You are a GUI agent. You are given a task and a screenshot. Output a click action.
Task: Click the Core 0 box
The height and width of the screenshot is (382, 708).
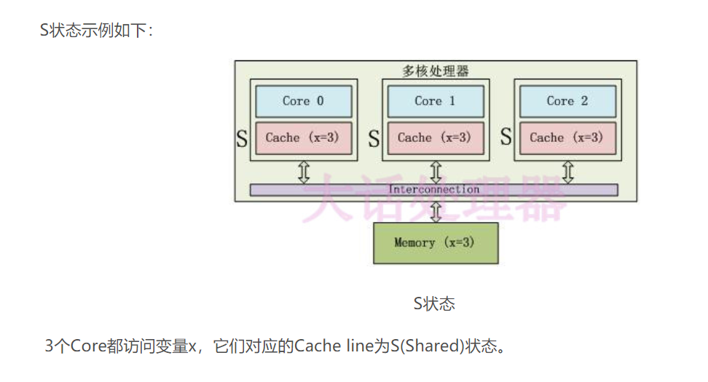point(303,101)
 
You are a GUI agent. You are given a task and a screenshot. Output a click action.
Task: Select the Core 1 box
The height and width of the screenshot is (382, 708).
point(436,101)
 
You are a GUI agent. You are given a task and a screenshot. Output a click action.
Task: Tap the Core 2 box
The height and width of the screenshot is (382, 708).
point(567,101)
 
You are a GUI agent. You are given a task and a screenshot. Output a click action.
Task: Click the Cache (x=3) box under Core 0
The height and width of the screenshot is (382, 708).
point(303,138)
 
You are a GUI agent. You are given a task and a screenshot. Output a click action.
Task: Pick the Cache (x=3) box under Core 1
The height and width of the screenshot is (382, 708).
point(436,138)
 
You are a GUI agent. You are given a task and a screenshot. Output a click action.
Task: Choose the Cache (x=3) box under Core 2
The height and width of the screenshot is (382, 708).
point(567,138)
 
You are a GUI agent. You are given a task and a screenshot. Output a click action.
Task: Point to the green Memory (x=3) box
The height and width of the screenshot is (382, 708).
point(436,243)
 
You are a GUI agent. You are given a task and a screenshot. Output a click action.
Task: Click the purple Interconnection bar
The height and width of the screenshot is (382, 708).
point(434,190)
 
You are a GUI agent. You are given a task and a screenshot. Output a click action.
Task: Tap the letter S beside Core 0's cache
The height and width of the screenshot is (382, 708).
point(242,138)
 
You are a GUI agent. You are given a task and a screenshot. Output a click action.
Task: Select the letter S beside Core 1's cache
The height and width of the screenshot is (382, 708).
point(374,138)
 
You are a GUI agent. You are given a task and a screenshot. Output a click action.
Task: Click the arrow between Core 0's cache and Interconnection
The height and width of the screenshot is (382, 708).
point(304,172)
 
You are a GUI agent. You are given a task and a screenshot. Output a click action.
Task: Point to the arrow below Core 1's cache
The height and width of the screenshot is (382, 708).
point(436,172)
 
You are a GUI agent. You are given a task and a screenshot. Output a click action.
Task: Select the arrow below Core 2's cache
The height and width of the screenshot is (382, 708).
point(568,172)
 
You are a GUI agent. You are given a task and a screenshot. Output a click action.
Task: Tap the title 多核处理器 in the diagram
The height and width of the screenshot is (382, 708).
point(436,71)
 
